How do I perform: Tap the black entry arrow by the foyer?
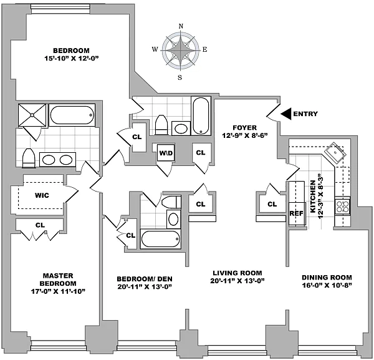coord(285,114)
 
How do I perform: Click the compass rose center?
coord(181,51)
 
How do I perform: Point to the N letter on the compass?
coord(181,26)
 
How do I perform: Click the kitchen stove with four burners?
coord(342,205)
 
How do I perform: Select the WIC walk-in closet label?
coord(42,195)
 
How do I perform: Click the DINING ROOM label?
coord(327,278)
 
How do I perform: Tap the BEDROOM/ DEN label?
coord(144,278)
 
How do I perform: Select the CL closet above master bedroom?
coord(40,225)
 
